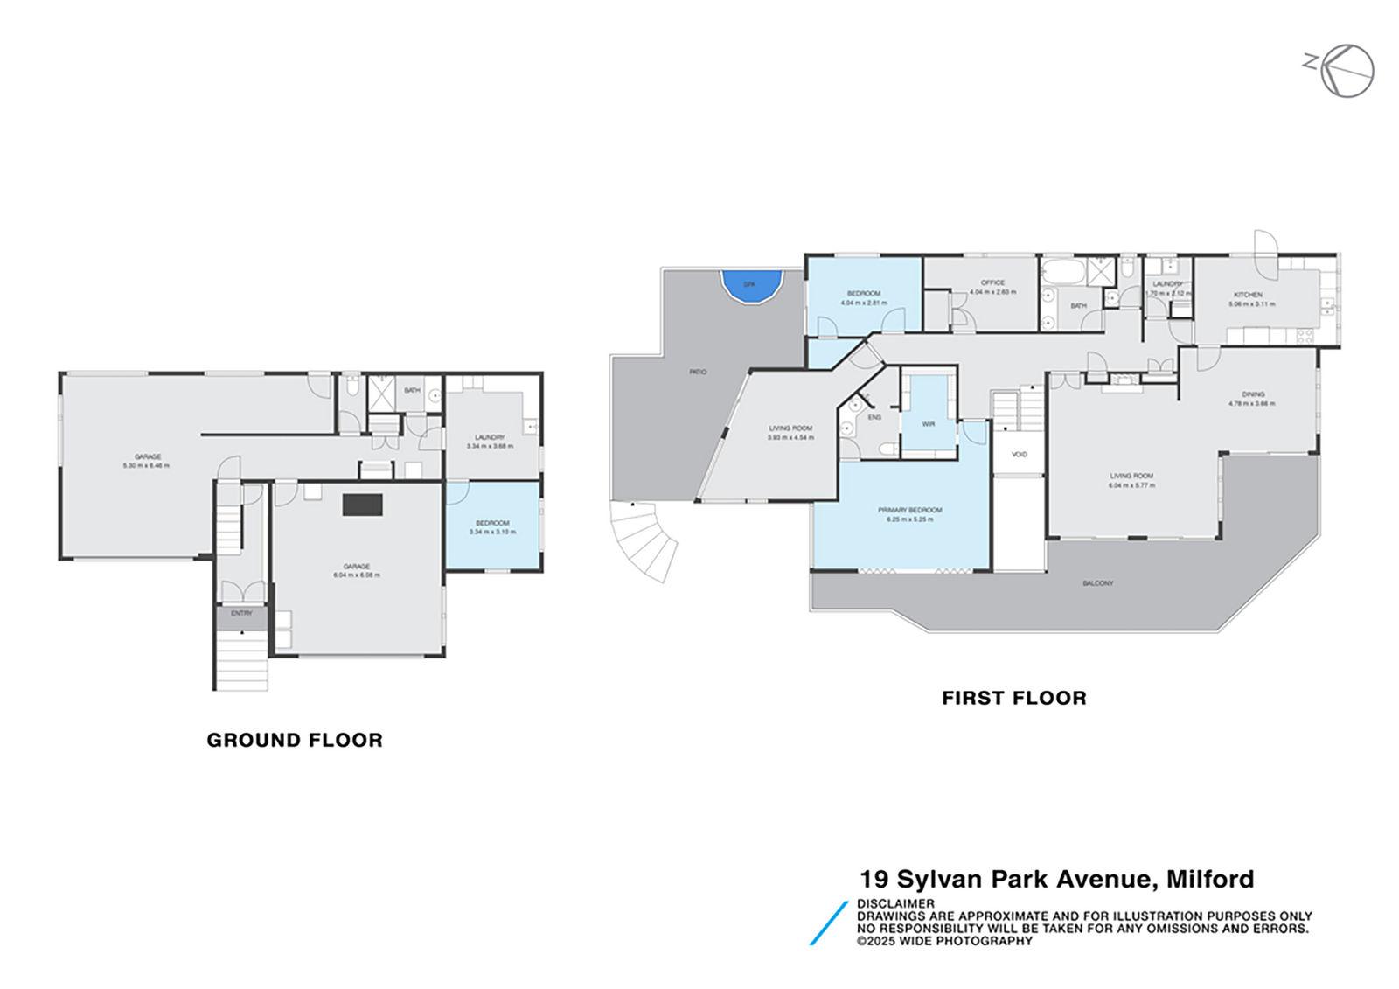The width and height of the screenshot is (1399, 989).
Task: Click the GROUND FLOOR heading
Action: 295,740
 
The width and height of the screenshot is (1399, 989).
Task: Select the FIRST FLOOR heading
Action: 1013,698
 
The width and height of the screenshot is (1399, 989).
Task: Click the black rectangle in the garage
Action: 362,504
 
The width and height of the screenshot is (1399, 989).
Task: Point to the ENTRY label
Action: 241,614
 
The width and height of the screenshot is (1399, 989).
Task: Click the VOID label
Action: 1019,455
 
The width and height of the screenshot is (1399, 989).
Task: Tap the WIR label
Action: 928,423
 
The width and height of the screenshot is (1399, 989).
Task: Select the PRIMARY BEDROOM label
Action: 910,510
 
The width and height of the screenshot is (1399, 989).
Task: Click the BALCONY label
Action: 1097,583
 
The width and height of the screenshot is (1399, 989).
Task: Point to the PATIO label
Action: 697,373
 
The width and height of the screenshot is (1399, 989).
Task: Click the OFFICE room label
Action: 992,282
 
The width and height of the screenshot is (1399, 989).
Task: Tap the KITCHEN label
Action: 1248,295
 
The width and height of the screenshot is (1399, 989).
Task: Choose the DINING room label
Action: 1252,394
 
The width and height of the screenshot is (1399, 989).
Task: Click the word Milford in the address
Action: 1210,878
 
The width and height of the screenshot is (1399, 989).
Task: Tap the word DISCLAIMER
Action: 895,903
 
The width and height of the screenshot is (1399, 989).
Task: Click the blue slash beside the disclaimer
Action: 829,923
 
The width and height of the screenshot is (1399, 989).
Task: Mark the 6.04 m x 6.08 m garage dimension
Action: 356,575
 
